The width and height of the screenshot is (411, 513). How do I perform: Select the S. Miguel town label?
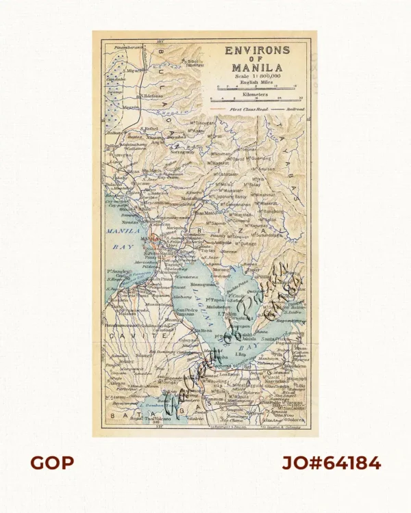(132, 70)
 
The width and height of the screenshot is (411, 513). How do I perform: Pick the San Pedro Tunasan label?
(187, 312)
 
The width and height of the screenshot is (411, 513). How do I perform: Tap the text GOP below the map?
(51, 463)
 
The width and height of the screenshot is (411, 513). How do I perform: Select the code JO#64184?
(332, 463)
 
